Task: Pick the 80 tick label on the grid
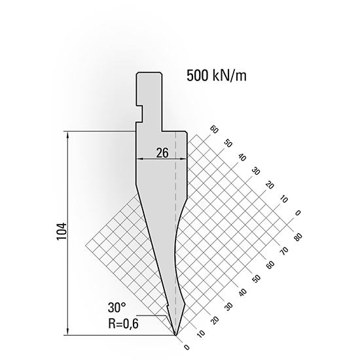click(x=298, y=237)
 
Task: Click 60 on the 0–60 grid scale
click(x=213, y=130)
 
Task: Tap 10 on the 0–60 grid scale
click(x=283, y=199)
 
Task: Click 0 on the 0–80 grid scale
click(x=187, y=348)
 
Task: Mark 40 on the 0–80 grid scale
click(x=243, y=292)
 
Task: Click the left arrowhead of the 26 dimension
click(x=138, y=159)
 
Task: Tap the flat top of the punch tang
click(x=149, y=73)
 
